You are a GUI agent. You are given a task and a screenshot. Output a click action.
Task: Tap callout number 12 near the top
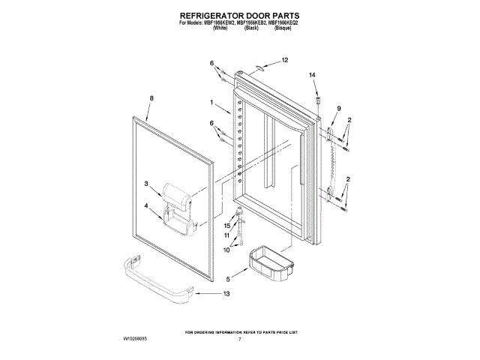click(x=284, y=59)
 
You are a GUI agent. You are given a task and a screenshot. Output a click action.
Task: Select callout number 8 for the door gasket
click(x=151, y=98)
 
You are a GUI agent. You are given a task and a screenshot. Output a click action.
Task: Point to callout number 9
click(x=338, y=109)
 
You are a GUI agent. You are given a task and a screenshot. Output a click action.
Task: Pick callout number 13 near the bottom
click(x=226, y=293)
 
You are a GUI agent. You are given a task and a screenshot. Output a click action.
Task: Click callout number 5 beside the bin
click(x=228, y=280)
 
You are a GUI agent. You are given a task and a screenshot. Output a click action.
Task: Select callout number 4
click(x=147, y=206)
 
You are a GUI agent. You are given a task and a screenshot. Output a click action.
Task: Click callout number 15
click(x=227, y=225)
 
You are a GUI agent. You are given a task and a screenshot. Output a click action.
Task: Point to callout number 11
click(x=227, y=236)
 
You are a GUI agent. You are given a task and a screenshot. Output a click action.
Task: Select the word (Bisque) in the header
click(x=282, y=26)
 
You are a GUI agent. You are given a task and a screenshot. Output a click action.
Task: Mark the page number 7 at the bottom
click(x=240, y=340)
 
